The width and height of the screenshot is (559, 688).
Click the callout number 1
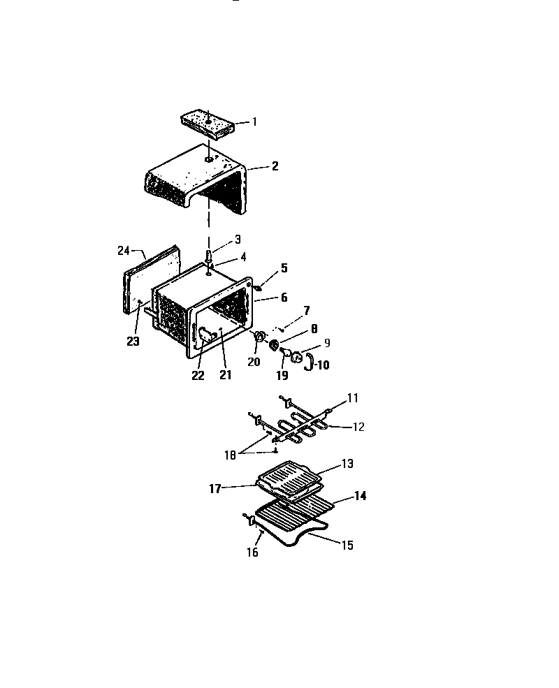click(255, 122)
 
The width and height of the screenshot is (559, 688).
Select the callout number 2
click(275, 166)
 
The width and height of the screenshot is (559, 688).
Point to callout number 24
click(124, 250)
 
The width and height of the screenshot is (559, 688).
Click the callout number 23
click(133, 342)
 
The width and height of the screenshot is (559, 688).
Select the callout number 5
click(284, 268)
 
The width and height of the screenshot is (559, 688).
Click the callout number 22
click(198, 375)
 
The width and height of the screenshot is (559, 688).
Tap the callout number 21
click(224, 375)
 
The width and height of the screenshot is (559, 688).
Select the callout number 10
click(322, 365)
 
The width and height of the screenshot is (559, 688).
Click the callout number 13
click(347, 463)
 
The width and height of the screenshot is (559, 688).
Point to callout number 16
click(252, 552)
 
